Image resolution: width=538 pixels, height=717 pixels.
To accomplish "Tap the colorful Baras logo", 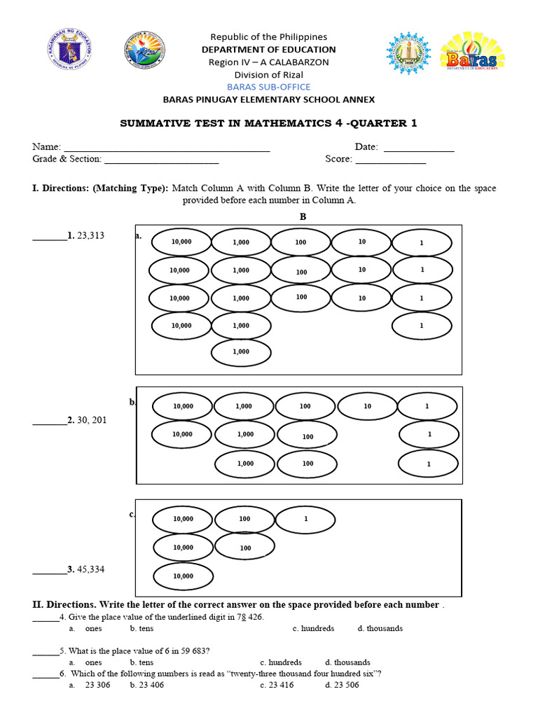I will coord(473,52).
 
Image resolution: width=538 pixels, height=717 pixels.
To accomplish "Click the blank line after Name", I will coord(167,147).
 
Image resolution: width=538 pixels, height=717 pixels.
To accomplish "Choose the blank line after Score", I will coord(391,159).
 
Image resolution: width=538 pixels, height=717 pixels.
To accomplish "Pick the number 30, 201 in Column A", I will coord(92,421).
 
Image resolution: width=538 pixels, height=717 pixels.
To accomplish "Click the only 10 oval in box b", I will coord(368,406).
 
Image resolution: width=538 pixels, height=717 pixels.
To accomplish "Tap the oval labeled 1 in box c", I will coord(305,519).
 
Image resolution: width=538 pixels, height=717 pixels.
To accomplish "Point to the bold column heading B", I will coord(303,217).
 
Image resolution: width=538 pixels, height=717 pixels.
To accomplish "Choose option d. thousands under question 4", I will coord(380,628).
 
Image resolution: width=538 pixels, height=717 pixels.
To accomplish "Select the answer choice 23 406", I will coord(146,685).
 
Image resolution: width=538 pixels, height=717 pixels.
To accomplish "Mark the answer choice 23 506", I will coord(342,685).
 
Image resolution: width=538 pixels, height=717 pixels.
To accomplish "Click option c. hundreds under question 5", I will coord(280,662).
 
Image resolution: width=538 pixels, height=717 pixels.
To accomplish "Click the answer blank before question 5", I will coord(46,650).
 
